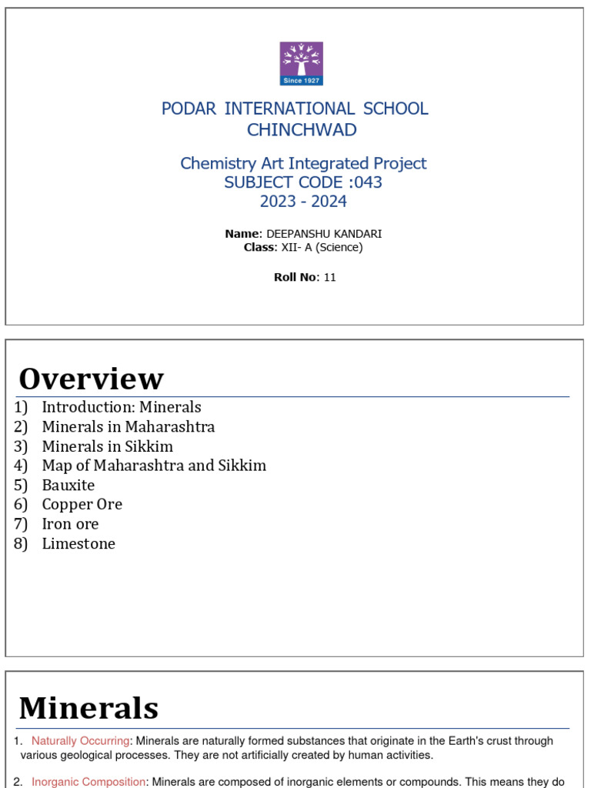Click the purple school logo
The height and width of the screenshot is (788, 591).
[x=301, y=63]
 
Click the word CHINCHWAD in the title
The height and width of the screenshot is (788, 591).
[x=302, y=130]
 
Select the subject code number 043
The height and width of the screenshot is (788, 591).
[x=368, y=182]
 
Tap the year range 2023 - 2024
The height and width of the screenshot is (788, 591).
[x=303, y=202]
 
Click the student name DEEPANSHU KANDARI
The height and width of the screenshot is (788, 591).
[x=323, y=234]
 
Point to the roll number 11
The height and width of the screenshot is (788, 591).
[x=330, y=278]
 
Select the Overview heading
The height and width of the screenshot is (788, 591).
[x=91, y=379]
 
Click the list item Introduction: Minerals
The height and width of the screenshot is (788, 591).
[x=121, y=407]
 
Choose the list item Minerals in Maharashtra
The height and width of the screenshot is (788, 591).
[x=128, y=426]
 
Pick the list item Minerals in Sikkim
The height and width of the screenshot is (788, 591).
[x=107, y=446]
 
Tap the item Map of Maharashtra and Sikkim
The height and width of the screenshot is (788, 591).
[x=154, y=466]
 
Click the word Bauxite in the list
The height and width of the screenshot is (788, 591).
[x=68, y=485]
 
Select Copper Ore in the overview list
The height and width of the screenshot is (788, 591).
[x=82, y=504]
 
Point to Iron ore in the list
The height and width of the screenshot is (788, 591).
[x=70, y=524]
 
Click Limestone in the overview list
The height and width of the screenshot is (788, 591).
[x=78, y=543]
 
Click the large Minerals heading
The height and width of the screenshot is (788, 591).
[x=88, y=708]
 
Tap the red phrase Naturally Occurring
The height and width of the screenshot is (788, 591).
[x=80, y=741]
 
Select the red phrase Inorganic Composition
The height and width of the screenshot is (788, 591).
[x=88, y=782]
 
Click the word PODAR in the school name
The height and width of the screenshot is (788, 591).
[x=189, y=109]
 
